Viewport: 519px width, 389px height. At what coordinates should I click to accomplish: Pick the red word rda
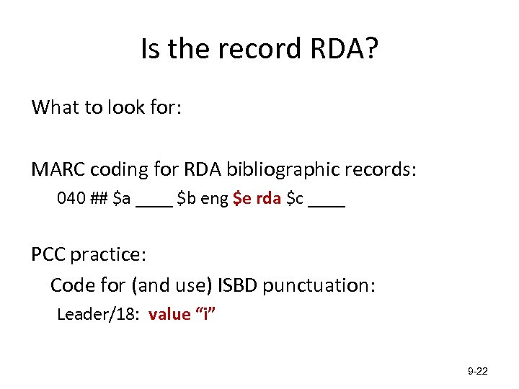point(269,200)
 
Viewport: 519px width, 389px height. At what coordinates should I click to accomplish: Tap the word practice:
point(109,255)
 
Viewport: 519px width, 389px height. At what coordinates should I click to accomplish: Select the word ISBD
point(236,285)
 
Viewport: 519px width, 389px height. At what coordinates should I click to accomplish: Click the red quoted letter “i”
point(207,314)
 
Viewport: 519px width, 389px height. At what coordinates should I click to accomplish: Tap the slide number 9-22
point(478,372)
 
